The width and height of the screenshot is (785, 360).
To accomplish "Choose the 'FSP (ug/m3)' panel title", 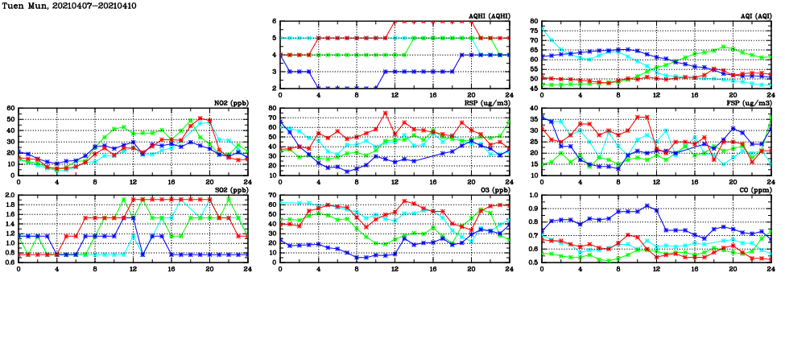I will pos(749,103).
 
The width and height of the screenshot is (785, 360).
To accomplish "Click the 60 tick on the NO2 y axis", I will pos(10,108).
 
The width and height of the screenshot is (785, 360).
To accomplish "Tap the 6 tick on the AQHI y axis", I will pos(274,21).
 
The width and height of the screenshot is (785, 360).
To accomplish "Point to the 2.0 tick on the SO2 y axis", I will pos(9,195).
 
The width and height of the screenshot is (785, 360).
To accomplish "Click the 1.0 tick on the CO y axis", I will pos(532,195).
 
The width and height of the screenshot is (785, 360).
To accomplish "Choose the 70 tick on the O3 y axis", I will pos(271,195).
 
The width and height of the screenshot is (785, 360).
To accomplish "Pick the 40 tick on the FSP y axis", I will pos(533,108).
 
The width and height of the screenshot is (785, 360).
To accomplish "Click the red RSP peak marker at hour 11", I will pos(386,113).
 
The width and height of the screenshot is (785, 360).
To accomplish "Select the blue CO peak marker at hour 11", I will pos(647,206).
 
